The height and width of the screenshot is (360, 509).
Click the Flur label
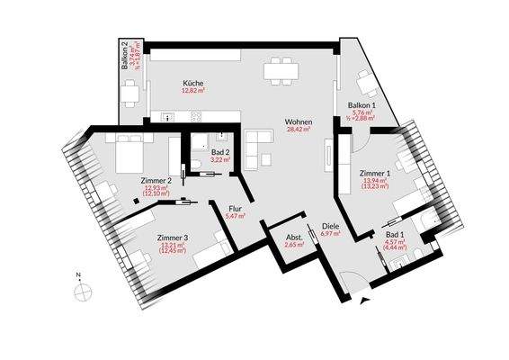point(236,206)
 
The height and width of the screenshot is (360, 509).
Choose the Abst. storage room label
point(292,236)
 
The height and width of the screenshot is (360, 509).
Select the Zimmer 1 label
point(374,172)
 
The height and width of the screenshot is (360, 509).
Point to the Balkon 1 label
point(361,104)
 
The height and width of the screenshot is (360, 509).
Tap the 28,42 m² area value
point(298,130)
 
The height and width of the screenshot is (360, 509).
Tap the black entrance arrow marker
point(363,303)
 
